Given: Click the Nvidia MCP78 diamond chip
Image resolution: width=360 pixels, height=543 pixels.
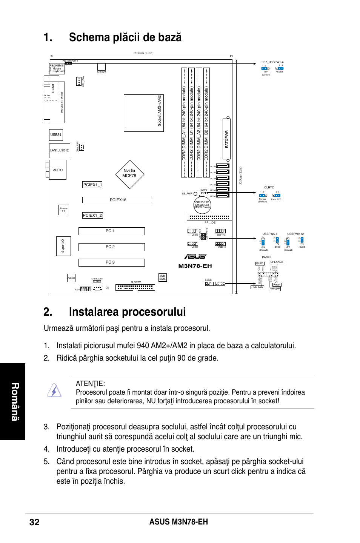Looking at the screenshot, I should tap(129, 174).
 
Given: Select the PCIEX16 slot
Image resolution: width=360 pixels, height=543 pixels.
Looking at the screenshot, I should tap(117, 200).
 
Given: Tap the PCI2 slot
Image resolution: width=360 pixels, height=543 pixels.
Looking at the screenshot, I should tap(111, 247).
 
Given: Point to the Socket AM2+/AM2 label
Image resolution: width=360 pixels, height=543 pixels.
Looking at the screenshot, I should tap(160, 110).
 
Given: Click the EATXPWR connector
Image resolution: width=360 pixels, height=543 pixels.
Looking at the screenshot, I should tap(227, 139).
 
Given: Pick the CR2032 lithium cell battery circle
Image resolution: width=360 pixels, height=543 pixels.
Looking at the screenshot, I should tap(202, 205).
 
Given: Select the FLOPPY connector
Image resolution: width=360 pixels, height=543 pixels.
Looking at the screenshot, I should tap(135, 287).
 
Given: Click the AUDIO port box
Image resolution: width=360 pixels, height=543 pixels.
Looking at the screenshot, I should tap(58, 170).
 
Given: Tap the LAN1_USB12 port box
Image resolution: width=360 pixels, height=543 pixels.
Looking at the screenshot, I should tap(60, 150).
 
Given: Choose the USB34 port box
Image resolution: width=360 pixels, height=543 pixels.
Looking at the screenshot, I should tap(56, 135).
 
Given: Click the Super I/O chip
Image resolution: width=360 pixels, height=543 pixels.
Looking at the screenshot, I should tap(63, 246).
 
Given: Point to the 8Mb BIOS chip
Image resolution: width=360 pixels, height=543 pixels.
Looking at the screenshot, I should tap(162, 278).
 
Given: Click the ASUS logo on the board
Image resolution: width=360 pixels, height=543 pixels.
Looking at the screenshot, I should tap(195, 257).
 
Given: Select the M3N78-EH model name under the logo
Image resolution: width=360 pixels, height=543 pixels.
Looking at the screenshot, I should tap(195, 266).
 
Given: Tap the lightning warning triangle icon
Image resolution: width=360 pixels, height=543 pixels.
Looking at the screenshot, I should tap(54, 390).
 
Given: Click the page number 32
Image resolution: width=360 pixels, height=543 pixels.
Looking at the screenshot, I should tap(34, 522).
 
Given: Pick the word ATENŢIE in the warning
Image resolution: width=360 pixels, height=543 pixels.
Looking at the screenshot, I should tap(90, 384).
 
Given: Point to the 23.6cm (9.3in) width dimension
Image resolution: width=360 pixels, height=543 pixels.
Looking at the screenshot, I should tap(144, 53).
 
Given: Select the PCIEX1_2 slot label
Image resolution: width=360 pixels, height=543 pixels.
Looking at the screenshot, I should tap(92, 216).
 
